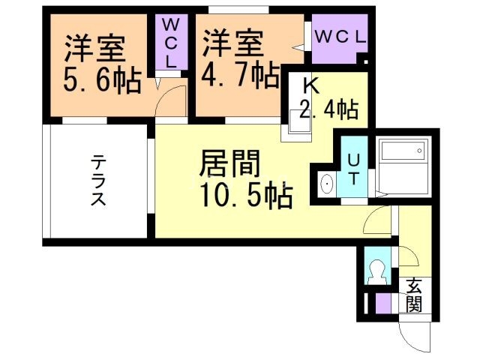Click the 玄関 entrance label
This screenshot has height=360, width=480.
[414, 295]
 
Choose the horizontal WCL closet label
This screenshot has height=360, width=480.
[339, 36]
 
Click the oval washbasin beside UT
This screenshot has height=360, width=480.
[327, 182]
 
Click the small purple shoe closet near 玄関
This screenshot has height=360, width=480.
[383, 304]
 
